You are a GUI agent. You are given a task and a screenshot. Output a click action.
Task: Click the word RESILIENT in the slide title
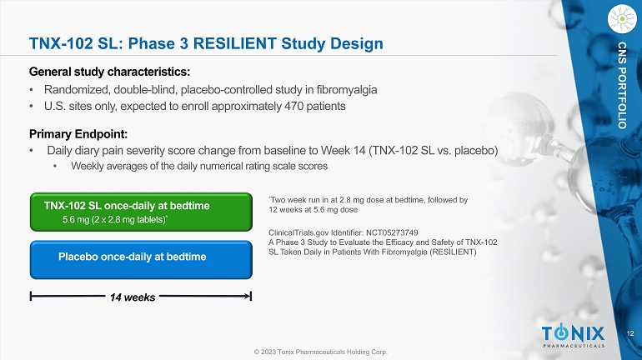pos(235,43)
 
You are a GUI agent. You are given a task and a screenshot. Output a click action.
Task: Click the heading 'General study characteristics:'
pos(110,72)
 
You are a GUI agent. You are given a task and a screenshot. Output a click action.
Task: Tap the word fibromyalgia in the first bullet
pos(347,90)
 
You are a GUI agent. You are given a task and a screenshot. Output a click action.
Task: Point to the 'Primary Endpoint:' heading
pos(78,134)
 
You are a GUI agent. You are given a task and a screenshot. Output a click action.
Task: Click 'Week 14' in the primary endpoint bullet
pos(344,151)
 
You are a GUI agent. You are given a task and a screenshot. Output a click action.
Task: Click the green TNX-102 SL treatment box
pos(141,212)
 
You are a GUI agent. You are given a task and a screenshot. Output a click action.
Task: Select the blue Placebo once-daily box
pos(141,260)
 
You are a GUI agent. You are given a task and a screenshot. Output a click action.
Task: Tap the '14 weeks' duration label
pos(133,297)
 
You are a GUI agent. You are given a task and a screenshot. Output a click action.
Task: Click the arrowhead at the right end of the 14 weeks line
pos(249,296)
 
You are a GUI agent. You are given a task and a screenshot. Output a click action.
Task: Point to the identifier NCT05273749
pos(392,232)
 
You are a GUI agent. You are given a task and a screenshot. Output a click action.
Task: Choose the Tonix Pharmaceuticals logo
pos(574,336)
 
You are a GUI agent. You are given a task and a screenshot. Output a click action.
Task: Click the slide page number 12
pos(630,333)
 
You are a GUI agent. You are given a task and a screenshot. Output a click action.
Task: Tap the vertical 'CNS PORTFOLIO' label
pos(622,85)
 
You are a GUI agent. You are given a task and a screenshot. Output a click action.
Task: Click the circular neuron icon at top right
pos(622,19)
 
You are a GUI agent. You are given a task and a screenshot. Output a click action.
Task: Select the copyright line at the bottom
pos(321,352)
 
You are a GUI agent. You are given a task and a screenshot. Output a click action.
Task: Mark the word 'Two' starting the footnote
pos(277,200)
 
